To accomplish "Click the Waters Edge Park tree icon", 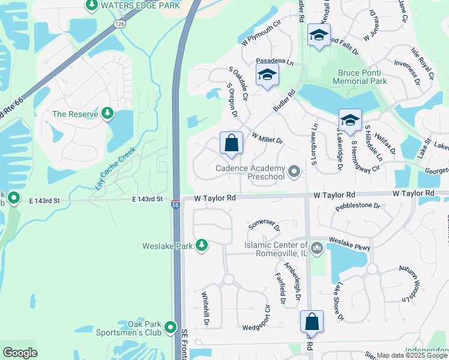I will [x=91, y=6].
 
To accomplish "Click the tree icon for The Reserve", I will [x=107, y=113].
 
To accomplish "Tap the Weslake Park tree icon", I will [x=202, y=245].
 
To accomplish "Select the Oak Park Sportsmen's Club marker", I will [x=170, y=328].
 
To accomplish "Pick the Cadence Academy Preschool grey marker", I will [x=294, y=172].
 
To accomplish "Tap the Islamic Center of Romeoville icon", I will [x=317, y=247].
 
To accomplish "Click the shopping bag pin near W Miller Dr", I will [x=231, y=144].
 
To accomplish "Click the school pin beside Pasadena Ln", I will [x=267, y=76].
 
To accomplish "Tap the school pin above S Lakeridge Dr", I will [x=350, y=119].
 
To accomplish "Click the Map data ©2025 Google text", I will [x=412, y=355].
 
